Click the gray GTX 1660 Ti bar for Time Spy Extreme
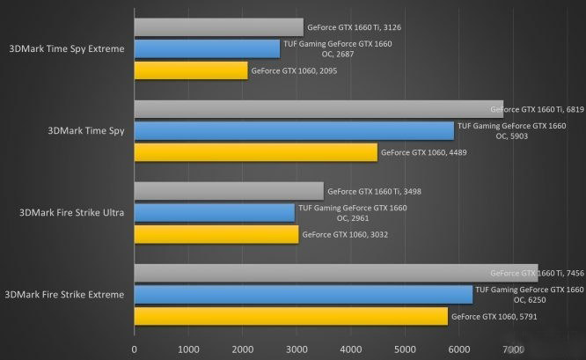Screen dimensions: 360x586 (218, 27)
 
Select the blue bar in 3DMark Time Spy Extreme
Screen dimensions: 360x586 (207, 48)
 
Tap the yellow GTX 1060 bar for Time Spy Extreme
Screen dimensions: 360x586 (190, 70)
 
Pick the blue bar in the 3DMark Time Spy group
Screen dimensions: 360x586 (294, 130)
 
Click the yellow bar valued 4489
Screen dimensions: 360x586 (255, 152)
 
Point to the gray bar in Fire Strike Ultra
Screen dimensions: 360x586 (229, 191)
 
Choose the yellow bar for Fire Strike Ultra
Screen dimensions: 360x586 (216, 234)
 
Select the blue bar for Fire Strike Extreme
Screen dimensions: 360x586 (303, 294)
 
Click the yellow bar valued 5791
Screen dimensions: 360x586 (290, 315)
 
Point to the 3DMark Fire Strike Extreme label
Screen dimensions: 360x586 (64, 294)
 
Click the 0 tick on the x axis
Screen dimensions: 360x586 (134, 350)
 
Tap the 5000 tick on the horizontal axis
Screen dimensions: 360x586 (404, 350)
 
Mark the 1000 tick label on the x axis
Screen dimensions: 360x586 (187, 350)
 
